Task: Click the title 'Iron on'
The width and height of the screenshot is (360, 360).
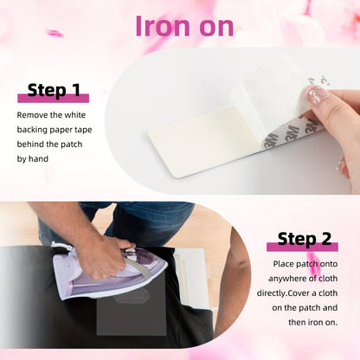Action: coord(184,26)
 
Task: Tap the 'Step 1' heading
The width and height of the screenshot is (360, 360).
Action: coord(54,90)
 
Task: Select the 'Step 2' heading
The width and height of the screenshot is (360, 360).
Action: coord(305,239)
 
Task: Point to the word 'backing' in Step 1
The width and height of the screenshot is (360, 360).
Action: coord(32,130)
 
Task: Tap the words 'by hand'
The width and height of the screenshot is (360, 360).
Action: coord(33,159)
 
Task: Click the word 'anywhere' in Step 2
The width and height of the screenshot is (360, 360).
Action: coord(287,279)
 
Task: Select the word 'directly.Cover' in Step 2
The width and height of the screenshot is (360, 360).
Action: coord(286,293)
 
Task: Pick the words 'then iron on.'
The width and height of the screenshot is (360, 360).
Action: coord(312,322)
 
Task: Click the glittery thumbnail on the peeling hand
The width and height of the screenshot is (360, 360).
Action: coord(317,94)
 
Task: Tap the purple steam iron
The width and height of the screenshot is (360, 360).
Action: coord(110,270)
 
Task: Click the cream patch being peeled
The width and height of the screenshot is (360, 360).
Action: coord(199,140)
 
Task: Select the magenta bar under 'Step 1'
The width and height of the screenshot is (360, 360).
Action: coord(54,99)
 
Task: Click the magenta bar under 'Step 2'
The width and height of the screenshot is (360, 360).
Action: coord(302,247)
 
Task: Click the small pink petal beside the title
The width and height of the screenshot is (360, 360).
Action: coord(55,34)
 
